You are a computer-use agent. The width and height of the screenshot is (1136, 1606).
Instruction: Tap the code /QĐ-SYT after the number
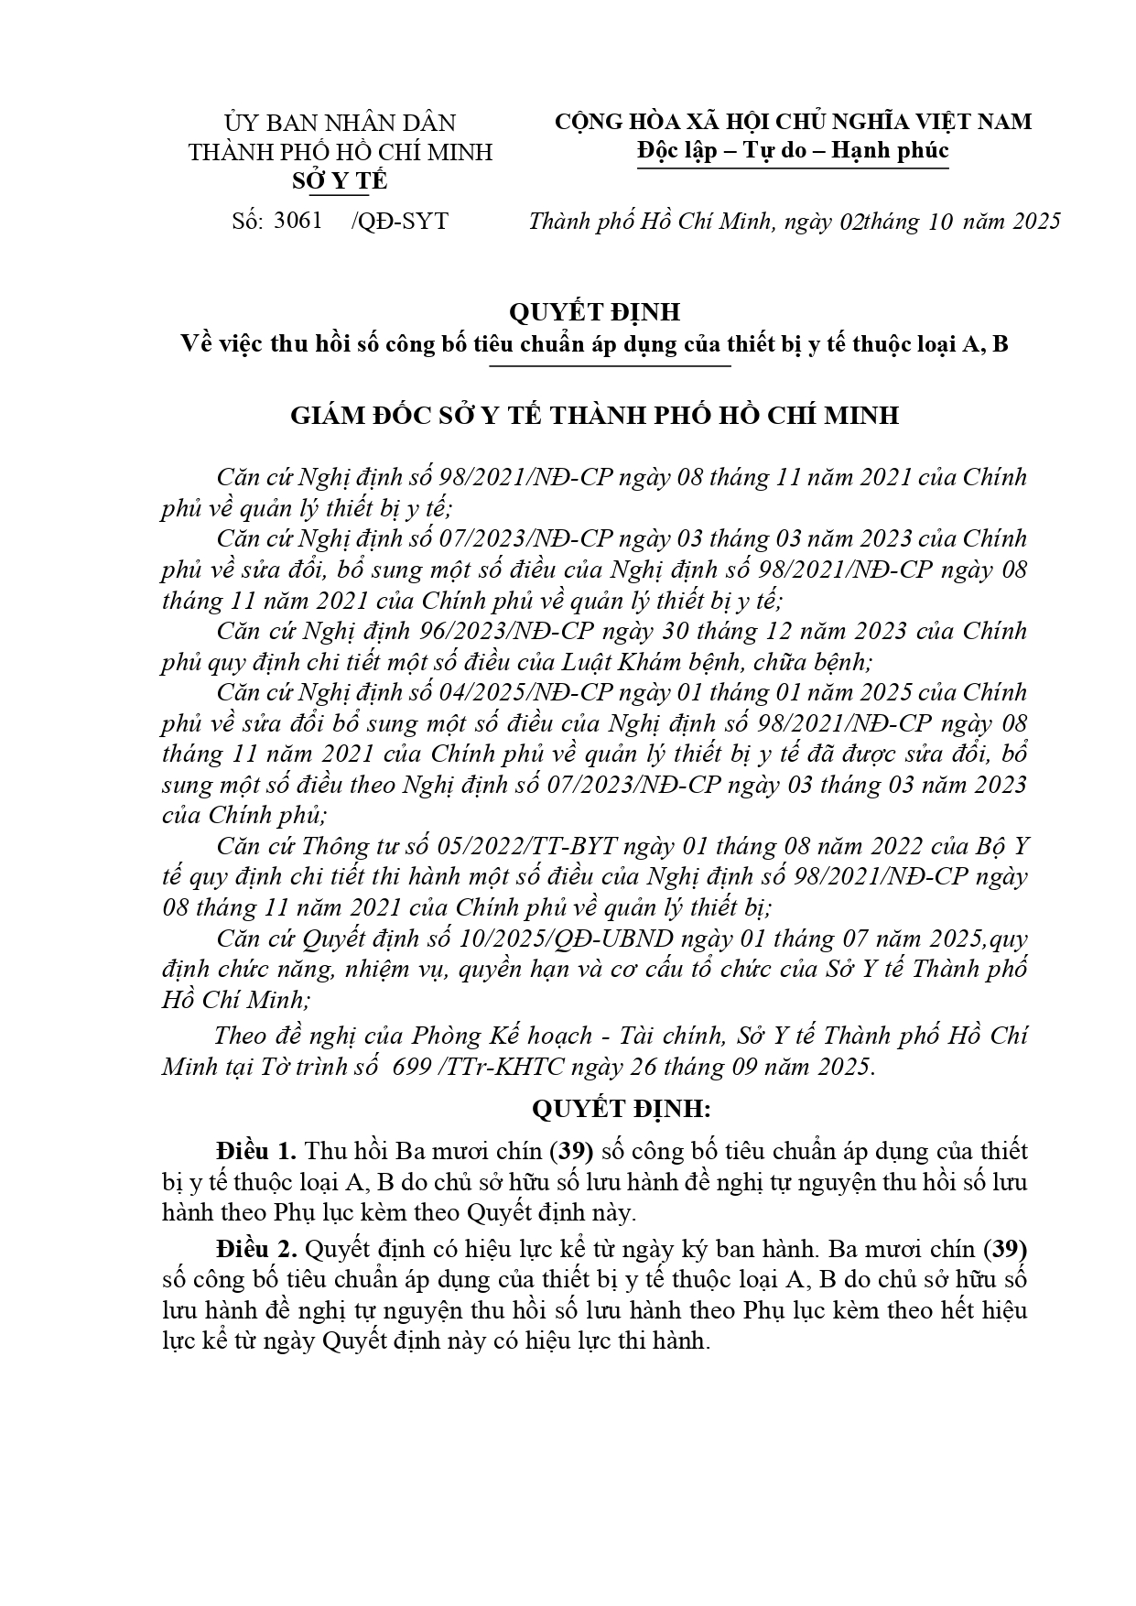pyautogui.click(x=400, y=221)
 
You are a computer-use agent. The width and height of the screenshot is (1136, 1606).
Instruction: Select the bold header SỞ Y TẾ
pyautogui.click(x=340, y=181)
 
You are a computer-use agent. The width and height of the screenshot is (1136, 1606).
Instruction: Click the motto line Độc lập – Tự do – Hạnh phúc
pyautogui.click(x=793, y=150)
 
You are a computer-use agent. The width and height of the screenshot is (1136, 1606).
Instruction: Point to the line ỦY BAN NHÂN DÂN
pyautogui.click(x=340, y=123)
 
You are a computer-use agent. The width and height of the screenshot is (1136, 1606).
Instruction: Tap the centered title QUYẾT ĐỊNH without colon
pyautogui.click(x=595, y=312)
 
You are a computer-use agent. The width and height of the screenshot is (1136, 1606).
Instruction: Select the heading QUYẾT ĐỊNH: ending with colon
pyautogui.click(x=622, y=1109)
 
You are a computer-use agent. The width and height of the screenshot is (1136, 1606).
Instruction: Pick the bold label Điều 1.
pyautogui.click(x=255, y=1150)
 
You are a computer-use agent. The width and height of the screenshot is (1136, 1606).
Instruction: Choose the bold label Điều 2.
pyautogui.click(x=255, y=1248)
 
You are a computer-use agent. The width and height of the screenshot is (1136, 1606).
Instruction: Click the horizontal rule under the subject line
pyautogui.click(x=610, y=365)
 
